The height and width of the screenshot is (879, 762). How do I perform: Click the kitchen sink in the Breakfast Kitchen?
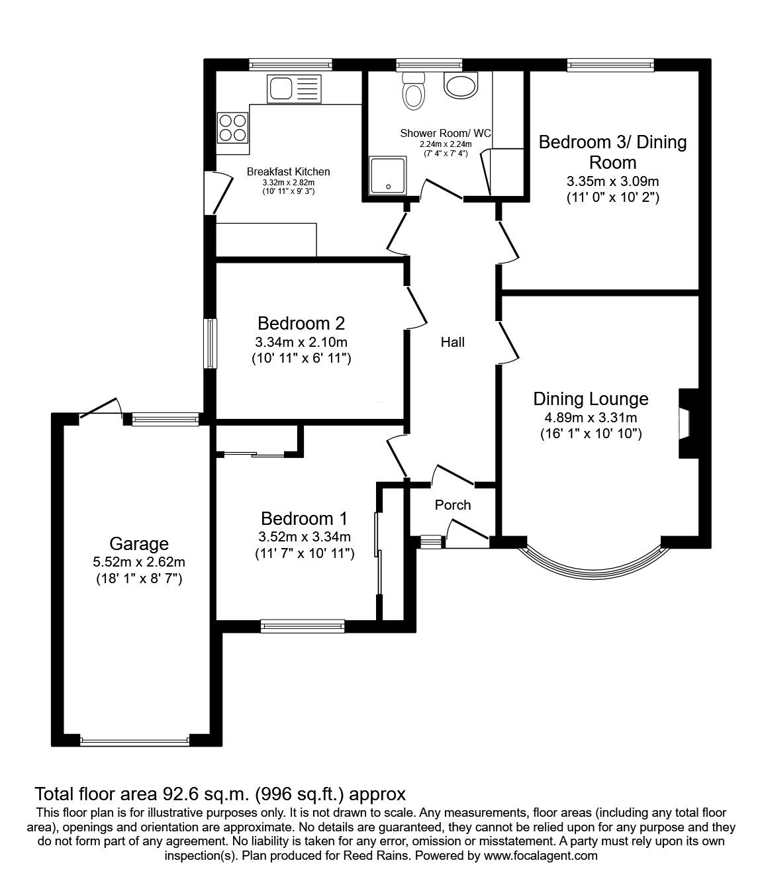pos(295,88)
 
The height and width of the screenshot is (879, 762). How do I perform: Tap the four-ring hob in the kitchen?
pos(233,128)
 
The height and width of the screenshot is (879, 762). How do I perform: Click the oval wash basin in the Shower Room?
pos(460,85)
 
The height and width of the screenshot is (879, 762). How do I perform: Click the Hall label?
pos(453,342)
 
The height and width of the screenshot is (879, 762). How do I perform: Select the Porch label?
pos(453,505)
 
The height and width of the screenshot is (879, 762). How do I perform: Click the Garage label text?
pos(139,543)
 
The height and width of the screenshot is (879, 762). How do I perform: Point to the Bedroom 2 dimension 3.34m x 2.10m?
pos(301,342)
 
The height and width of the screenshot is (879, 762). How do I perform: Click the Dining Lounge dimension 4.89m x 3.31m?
pos(591,417)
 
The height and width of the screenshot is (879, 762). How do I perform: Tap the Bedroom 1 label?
pos(304,518)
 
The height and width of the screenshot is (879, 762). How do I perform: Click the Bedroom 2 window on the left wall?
pos(211,344)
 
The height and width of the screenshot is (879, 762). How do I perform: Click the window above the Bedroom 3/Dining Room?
pos(610,64)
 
